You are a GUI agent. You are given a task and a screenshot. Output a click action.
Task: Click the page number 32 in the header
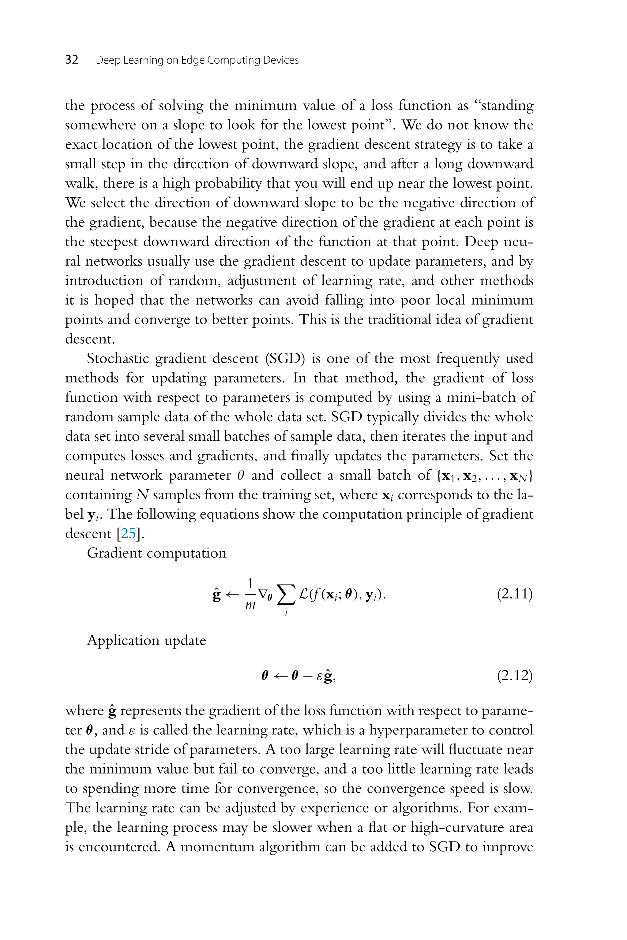pos(72,60)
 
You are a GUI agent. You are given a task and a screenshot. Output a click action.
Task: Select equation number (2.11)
pos(515,594)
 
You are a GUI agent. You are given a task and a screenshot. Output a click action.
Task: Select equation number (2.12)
pos(515,675)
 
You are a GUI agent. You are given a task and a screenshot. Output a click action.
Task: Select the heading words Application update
pos(146,640)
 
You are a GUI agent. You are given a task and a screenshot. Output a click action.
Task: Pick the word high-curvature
pos(457,827)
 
